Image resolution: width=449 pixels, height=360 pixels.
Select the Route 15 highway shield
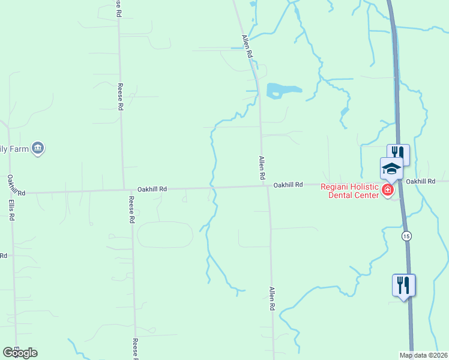[406, 235]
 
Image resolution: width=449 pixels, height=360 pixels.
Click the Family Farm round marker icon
[38, 148]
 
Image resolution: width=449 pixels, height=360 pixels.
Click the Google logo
[20, 353]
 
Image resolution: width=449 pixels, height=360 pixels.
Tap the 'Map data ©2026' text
[423, 355]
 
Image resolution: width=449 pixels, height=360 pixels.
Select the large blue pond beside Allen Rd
[282, 91]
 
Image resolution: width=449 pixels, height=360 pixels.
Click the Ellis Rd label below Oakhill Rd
[11, 206]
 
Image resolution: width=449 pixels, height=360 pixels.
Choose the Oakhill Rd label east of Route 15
[420, 181]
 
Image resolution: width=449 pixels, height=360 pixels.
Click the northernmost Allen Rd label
[247, 46]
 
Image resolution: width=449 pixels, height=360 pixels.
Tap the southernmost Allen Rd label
[272, 298]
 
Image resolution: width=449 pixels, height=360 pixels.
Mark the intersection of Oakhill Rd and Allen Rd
[267, 185]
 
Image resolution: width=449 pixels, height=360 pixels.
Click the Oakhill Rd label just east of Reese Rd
[152, 188]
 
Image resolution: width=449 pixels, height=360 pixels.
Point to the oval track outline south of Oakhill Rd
[165, 234]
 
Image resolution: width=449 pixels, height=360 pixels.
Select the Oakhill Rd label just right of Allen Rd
[288, 185]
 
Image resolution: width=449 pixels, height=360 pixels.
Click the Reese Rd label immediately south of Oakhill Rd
[131, 209]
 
